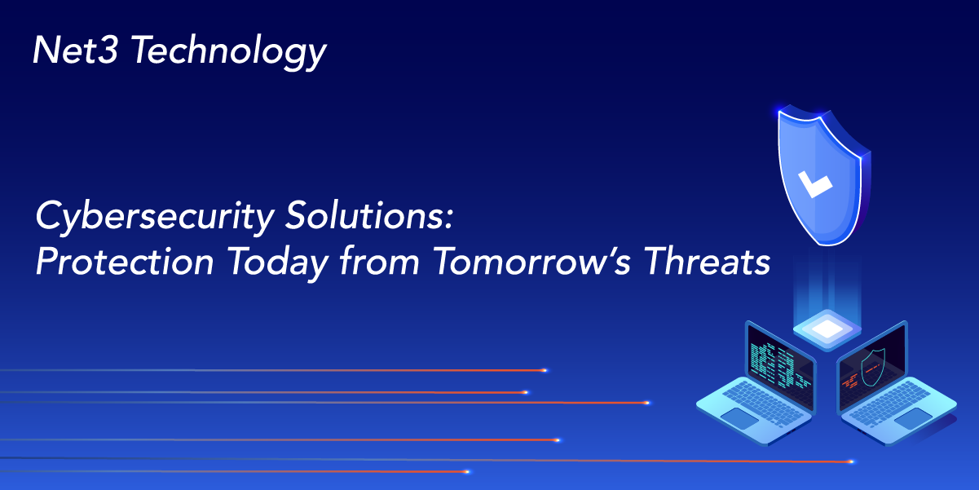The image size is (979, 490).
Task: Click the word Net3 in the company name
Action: pos(76,51)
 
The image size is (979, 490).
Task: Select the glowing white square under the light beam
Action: pos(827,329)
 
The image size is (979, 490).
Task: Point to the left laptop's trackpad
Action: pos(739,417)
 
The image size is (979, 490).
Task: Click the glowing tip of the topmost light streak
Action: pos(545,370)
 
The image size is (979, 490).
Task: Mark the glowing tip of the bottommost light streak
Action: pos(467,471)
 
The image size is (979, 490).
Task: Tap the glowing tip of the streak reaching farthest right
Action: pos(852,461)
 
